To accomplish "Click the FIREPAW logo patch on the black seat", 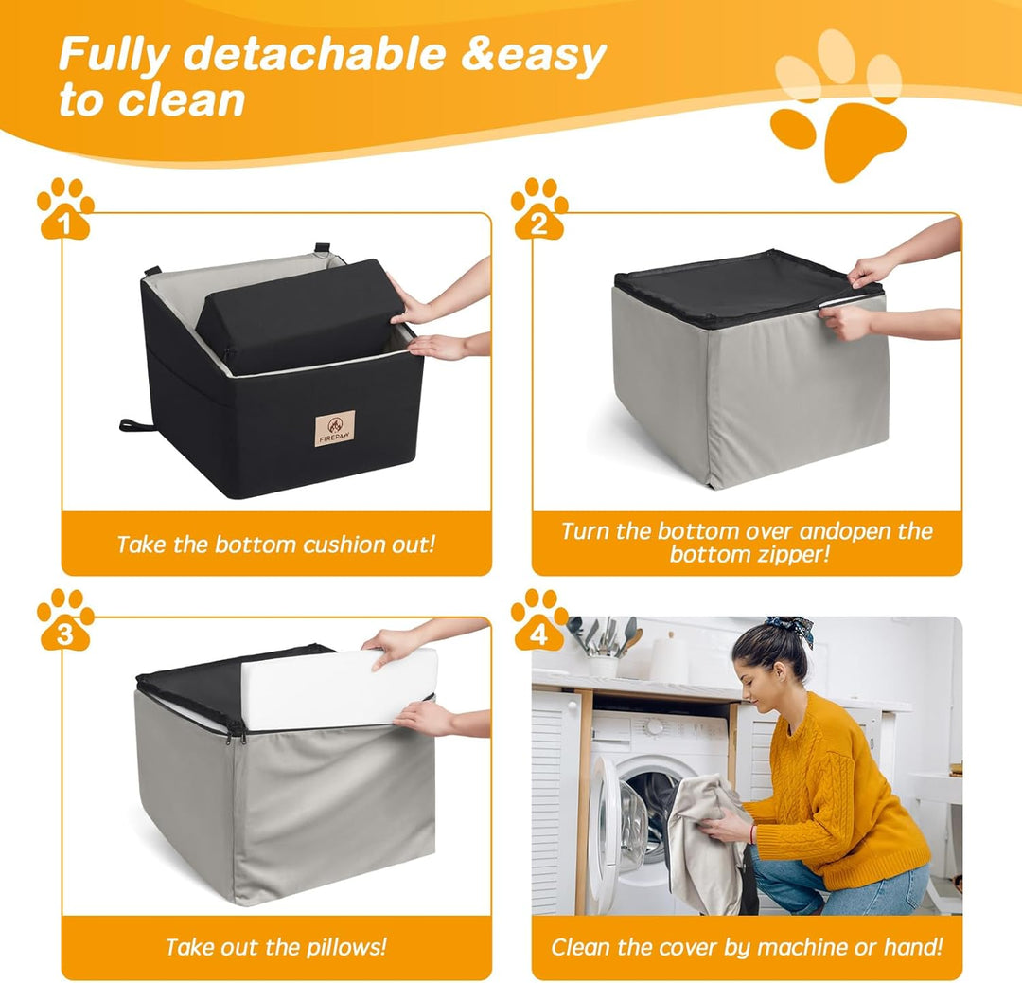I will click(x=334, y=428).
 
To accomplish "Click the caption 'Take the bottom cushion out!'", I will click(x=275, y=545).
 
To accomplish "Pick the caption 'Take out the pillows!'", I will click(x=275, y=947).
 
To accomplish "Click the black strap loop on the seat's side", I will click(x=137, y=425).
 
